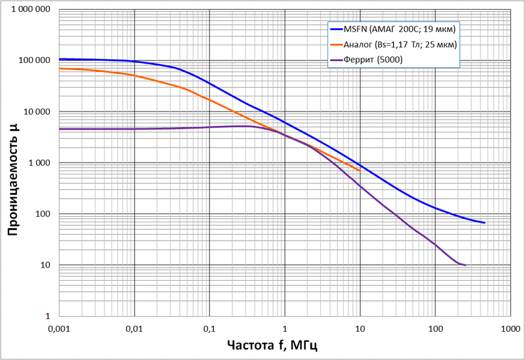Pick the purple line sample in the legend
coord(335,60)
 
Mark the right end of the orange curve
coord(360,170)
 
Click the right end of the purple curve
coord(465,265)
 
